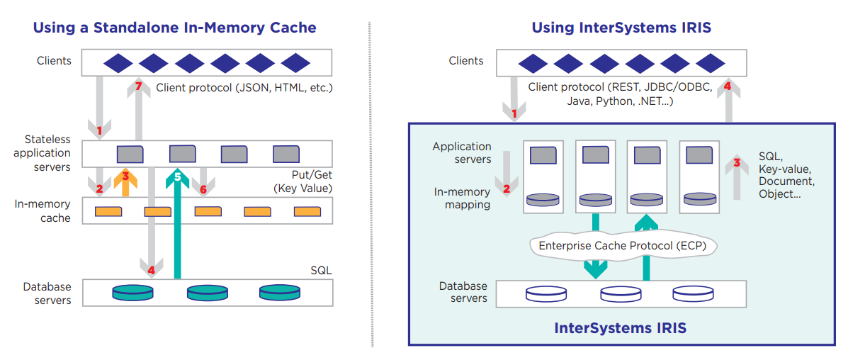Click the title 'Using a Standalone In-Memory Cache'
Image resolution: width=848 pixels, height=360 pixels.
[174, 28]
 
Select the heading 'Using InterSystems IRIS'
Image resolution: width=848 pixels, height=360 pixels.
[621, 28]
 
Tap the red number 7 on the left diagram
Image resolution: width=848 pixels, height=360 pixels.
[139, 87]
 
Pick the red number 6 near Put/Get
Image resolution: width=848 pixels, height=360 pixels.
[203, 189]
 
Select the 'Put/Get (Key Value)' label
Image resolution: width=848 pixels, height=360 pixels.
[303, 181]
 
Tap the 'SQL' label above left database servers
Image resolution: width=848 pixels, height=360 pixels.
[321, 270]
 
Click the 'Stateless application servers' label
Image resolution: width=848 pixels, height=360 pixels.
[47, 153]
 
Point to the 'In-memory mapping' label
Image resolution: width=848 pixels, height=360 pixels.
[462, 198]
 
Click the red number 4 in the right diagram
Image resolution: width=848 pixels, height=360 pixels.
[728, 87]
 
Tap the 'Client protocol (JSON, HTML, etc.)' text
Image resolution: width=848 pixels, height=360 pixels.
[244, 88]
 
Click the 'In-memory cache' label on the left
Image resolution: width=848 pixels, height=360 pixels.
[44, 211]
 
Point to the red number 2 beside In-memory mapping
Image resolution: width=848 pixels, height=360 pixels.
[507, 189]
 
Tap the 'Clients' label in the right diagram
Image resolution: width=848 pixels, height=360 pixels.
[466, 61]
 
